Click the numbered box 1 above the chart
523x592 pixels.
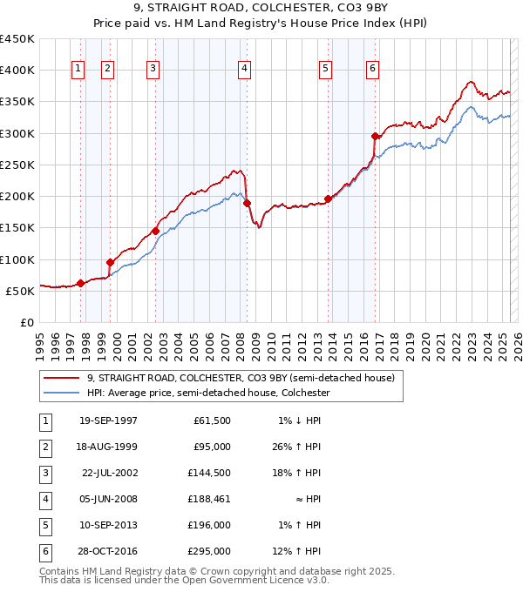pyautogui.click(x=78, y=70)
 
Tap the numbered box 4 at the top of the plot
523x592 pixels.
pyautogui.click(x=245, y=70)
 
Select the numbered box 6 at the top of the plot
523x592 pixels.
pyautogui.click(x=372, y=70)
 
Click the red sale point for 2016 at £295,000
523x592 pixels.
pyautogui.click(x=375, y=136)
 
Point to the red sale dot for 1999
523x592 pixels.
pyautogui.click(x=111, y=262)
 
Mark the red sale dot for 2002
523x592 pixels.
pyautogui.click(x=155, y=231)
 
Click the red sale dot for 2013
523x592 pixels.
pyautogui.click(x=328, y=198)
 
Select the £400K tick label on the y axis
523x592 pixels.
pyautogui.click(x=18, y=70)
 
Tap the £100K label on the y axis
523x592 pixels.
pyautogui.click(x=18, y=259)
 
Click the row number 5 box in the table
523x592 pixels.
pyautogui.click(x=44, y=526)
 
